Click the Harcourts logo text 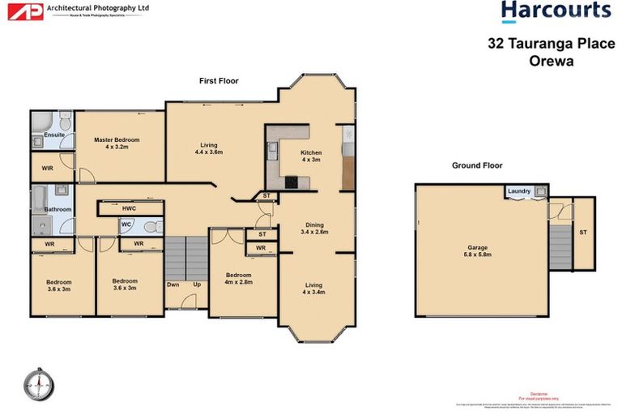click(x=555, y=11)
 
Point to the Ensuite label click(x=54, y=135)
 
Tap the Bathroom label click(x=58, y=209)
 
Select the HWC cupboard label click(x=129, y=208)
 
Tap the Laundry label click(x=518, y=191)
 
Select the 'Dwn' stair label click(x=173, y=285)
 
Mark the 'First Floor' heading click(x=219, y=81)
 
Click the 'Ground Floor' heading click(x=477, y=165)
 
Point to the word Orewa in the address click(x=550, y=59)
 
